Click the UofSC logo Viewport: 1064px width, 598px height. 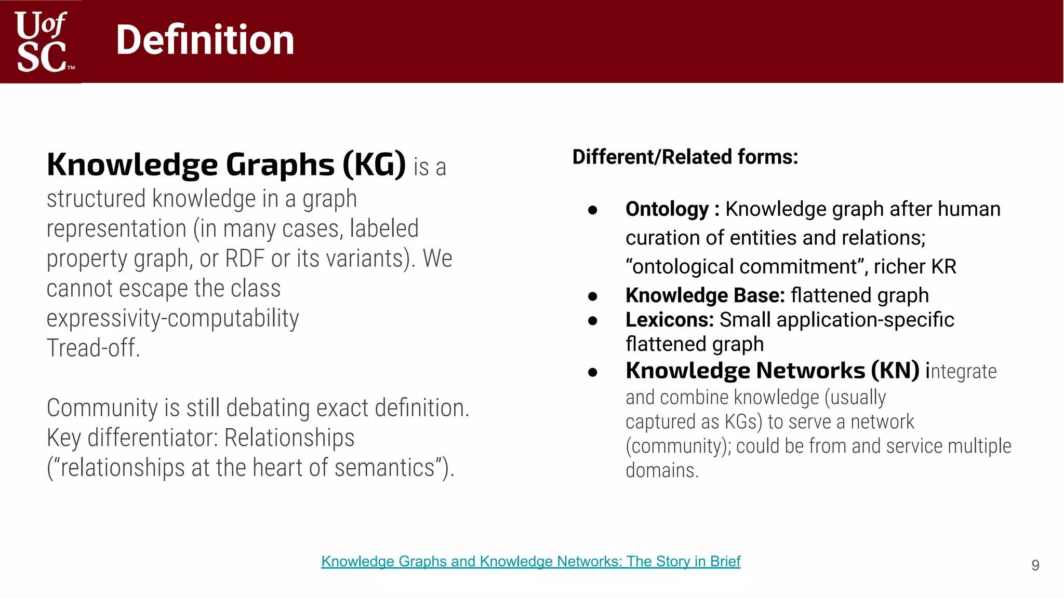click(x=42, y=42)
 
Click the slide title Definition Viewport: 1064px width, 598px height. click(x=205, y=40)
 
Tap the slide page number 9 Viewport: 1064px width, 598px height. click(x=1035, y=565)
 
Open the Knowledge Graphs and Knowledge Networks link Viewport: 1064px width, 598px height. click(x=530, y=562)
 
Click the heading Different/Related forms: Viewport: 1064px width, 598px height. click(x=685, y=157)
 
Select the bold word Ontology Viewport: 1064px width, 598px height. click(x=667, y=209)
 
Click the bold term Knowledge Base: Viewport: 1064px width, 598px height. click(x=705, y=295)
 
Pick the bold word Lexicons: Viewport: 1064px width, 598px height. click(x=669, y=320)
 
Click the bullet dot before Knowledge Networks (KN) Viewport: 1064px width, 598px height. click(x=592, y=372)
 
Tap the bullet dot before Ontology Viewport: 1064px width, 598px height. click(x=592, y=210)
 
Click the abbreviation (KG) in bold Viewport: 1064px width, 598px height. click(x=374, y=165)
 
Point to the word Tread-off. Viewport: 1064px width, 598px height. click(x=94, y=348)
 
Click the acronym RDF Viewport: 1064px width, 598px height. click(x=245, y=259)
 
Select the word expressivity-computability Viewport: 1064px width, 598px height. click(x=172, y=318)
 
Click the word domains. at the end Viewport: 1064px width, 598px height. click(x=662, y=471)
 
